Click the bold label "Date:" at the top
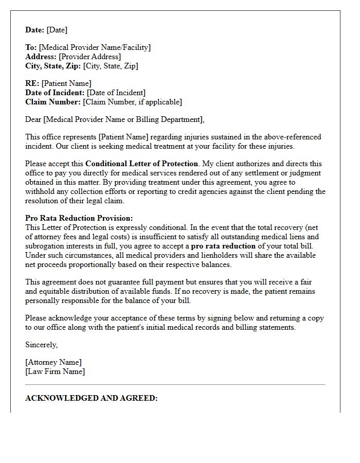click(x=35, y=30)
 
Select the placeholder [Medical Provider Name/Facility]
click(x=95, y=47)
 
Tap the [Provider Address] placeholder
click(x=89, y=57)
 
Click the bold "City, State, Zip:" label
click(x=54, y=66)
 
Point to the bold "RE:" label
click(x=32, y=83)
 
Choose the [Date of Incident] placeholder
click(x=116, y=93)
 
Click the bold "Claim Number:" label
click(x=53, y=102)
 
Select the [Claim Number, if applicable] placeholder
click(x=132, y=102)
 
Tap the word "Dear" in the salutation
click(x=34, y=119)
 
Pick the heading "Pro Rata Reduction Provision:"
click(x=79, y=218)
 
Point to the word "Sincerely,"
click(x=42, y=345)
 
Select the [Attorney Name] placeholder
click(x=53, y=362)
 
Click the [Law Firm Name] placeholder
click(x=55, y=371)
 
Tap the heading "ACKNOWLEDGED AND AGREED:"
click(x=92, y=398)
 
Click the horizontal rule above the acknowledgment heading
click(x=175, y=384)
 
